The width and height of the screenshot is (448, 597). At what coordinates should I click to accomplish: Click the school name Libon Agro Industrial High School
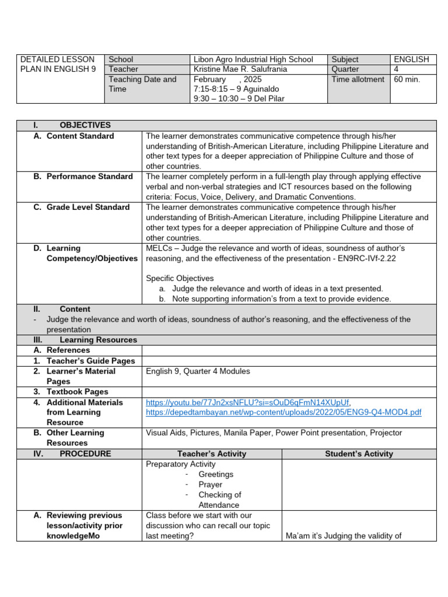pyautogui.click(x=253, y=59)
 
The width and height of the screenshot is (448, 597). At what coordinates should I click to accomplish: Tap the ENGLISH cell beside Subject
pyautogui.click(x=411, y=59)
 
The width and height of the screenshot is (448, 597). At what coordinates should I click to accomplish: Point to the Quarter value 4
pyautogui.click(x=397, y=69)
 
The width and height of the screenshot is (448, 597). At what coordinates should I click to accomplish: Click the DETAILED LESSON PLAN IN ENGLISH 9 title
pyautogui.click(x=57, y=64)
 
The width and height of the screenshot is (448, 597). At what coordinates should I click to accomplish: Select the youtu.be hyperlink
pyautogui.click(x=247, y=402)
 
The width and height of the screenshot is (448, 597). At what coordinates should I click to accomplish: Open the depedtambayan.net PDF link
pyautogui.click(x=283, y=412)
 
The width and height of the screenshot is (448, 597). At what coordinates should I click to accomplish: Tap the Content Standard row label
pyautogui.click(x=80, y=136)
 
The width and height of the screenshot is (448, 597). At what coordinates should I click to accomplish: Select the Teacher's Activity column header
pyautogui.click(x=212, y=454)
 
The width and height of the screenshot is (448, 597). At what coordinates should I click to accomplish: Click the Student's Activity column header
pyautogui.click(x=359, y=454)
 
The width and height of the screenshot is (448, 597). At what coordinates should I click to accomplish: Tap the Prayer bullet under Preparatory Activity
pyautogui.click(x=210, y=484)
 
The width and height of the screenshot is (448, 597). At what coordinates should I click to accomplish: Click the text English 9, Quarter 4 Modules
pyautogui.click(x=198, y=371)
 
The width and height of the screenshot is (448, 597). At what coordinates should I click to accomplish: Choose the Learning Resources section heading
pyautogui.click(x=98, y=340)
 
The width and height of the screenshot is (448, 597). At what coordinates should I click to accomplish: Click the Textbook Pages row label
pyautogui.click(x=77, y=392)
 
